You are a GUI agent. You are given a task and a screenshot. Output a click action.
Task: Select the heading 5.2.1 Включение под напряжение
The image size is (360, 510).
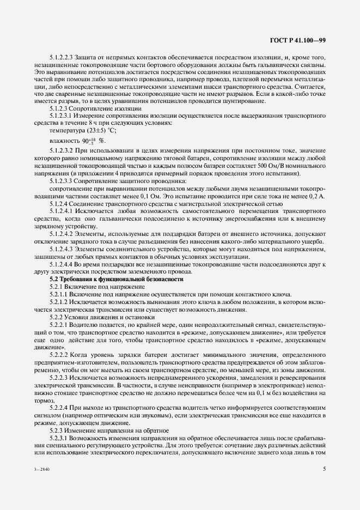(x=97, y=286)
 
